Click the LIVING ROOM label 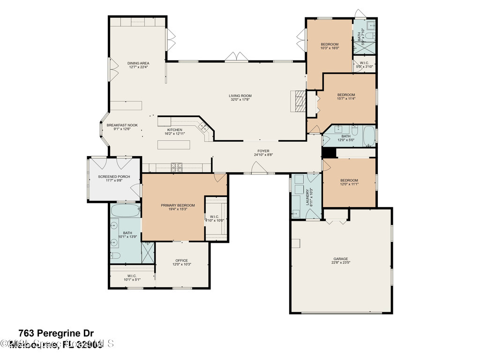(x=240, y=96)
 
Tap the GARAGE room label (x=341, y=259)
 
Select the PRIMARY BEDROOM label (x=178, y=205)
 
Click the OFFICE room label (x=181, y=261)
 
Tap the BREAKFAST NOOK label (x=122, y=125)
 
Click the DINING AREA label (x=138, y=63)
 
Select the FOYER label (x=262, y=151)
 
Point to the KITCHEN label (x=175, y=130)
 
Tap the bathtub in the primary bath (x=126, y=210)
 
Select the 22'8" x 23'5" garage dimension (x=341, y=262)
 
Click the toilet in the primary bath (x=116, y=256)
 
